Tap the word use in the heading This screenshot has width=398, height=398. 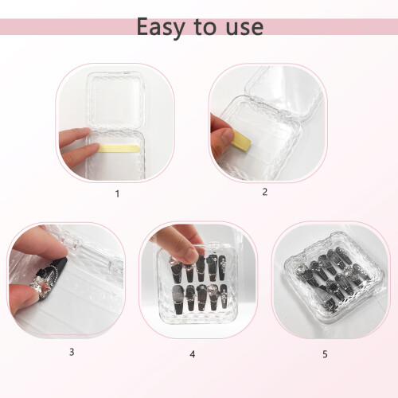tap(244, 28)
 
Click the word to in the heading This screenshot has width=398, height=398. tap(205, 27)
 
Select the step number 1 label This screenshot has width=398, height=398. tap(117, 194)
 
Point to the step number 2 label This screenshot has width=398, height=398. tap(264, 192)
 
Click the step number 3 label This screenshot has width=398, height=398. tap(72, 352)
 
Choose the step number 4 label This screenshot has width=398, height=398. tap(193, 354)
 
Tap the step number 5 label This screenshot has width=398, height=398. tap(325, 354)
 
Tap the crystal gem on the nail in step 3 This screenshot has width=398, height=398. tap(39, 285)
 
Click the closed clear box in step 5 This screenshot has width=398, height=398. tap(334, 279)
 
